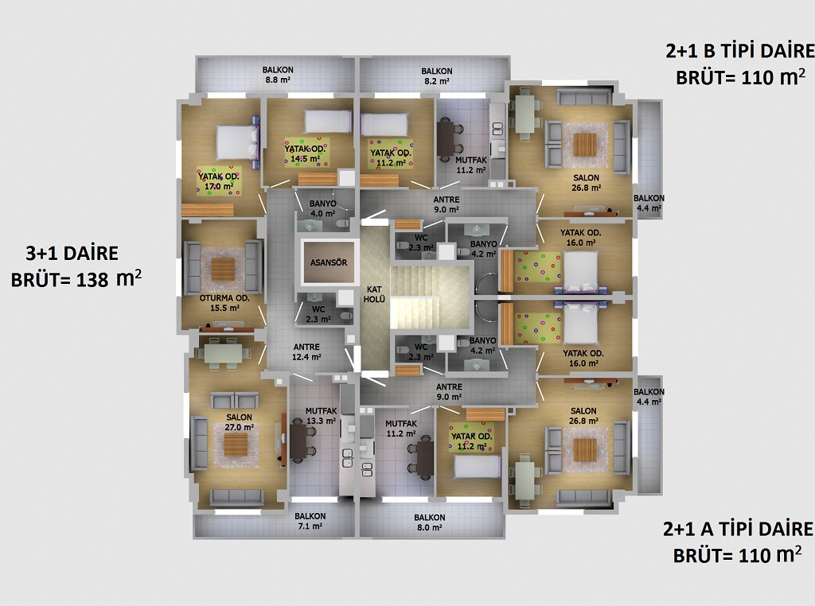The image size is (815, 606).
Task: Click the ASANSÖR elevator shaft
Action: (x=328, y=262)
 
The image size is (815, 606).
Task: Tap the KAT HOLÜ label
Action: (x=374, y=294)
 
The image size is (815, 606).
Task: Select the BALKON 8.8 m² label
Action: (x=278, y=75)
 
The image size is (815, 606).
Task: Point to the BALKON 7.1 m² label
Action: (x=310, y=521)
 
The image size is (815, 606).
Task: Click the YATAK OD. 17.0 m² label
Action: (x=218, y=181)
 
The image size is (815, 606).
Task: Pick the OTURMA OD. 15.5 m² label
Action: (x=224, y=303)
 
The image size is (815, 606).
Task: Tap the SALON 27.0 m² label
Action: (x=239, y=422)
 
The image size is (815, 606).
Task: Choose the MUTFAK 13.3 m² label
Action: (x=322, y=415)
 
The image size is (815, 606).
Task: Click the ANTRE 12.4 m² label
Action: (x=306, y=352)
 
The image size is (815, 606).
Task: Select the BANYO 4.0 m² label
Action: (x=323, y=208)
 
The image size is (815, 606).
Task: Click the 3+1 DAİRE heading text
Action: (x=72, y=254)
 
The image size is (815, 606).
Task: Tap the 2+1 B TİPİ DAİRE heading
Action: (x=740, y=51)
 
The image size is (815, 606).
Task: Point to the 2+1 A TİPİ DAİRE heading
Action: (x=738, y=529)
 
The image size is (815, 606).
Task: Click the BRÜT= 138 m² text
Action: (x=76, y=279)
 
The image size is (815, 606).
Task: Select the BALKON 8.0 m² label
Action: (x=429, y=522)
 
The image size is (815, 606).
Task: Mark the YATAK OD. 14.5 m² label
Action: (x=305, y=153)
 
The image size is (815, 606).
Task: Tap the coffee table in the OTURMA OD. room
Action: (x=223, y=269)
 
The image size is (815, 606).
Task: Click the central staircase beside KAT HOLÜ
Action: (x=431, y=297)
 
